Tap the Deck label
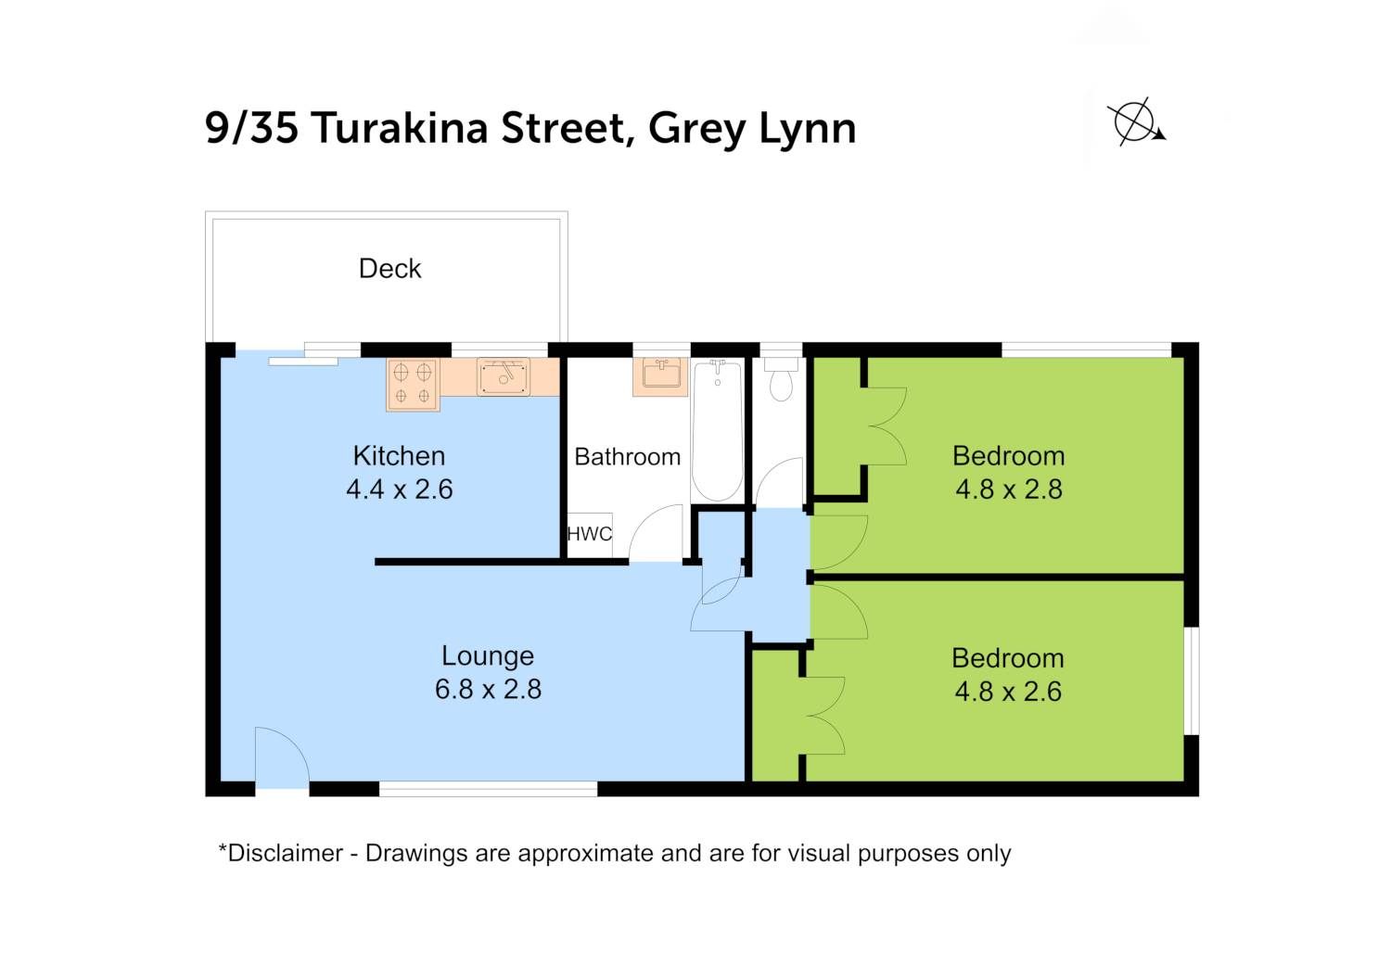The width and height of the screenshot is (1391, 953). tap(390, 269)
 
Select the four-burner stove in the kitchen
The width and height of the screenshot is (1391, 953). tap(413, 385)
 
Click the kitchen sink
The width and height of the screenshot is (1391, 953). tap(504, 376)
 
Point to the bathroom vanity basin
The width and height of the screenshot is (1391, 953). tap(660, 375)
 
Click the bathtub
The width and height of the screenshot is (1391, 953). tap(717, 431)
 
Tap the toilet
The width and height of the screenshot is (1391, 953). tap(781, 379)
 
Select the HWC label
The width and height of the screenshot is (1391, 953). tap(589, 534)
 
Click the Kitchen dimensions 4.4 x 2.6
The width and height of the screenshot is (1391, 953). tap(400, 489)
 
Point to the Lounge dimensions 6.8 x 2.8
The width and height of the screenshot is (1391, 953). tap(488, 689)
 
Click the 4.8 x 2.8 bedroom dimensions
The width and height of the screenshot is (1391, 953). tap(1009, 489)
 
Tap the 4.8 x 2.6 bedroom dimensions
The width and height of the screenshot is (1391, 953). tap(1008, 692)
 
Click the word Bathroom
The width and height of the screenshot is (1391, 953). tap(627, 457)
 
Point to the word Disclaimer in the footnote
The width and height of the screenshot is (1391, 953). tap(285, 853)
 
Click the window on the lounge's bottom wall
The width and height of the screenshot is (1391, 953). tap(488, 789)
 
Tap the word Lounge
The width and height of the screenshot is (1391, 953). tap(488, 656)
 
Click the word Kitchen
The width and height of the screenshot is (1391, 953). tap(399, 456)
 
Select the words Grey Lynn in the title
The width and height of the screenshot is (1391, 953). tap(752, 130)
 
